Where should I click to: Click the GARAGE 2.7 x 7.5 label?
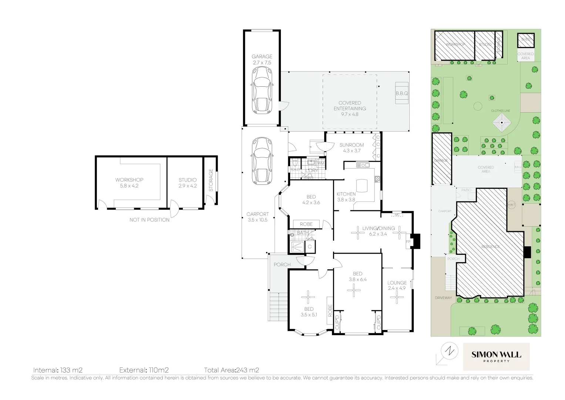(x=262, y=60)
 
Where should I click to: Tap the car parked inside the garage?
(x=262, y=96)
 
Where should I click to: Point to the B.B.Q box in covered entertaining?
(x=401, y=94)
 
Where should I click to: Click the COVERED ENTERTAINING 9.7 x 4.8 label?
(x=350, y=109)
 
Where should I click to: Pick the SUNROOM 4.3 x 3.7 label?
(x=352, y=148)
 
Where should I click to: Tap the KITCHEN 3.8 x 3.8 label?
(x=346, y=197)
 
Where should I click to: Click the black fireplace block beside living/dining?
(x=416, y=241)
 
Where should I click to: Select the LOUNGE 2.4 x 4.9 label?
(x=397, y=285)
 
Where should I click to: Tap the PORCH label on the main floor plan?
(x=282, y=264)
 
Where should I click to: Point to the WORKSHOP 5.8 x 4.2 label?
(x=129, y=183)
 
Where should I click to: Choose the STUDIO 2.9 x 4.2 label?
(x=187, y=183)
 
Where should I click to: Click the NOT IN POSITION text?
(x=149, y=220)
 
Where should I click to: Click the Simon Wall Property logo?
(x=496, y=356)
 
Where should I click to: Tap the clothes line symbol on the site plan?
(x=502, y=123)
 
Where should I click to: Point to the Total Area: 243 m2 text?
(x=231, y=370)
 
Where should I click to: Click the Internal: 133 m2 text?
(x=58, y=370)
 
